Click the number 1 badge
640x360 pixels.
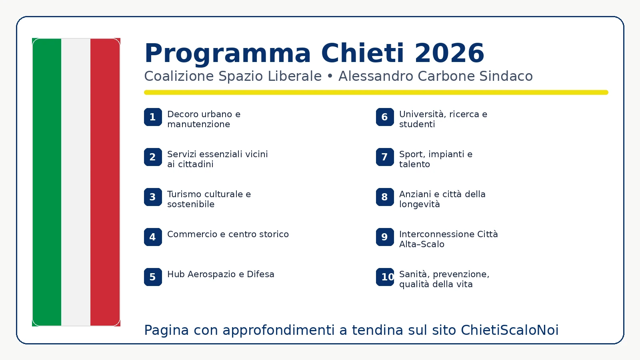click(x=153, y=117)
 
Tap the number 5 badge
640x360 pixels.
click(x=153, y=277)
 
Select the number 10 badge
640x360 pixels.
click(x=385, y=277)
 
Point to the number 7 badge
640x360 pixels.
click(x=385, y=157)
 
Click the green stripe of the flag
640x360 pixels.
click(x=47, y=182)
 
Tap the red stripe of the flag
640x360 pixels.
click(x=105, y=182)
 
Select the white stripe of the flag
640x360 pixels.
click(x=76, y=182)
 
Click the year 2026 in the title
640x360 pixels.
click(x=449, y=53)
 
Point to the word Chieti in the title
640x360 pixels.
click(x=363, y=53)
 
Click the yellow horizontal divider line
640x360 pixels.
click(x=376, y=92)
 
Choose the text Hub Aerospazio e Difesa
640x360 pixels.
click(x=221, y=274)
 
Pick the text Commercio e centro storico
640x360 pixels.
click(x=228, y=234)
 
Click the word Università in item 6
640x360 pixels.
click(x=422, y=114)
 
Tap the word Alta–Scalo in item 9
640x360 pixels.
click(x=422, y=244)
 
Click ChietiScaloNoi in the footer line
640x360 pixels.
click(x=510, y=330)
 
